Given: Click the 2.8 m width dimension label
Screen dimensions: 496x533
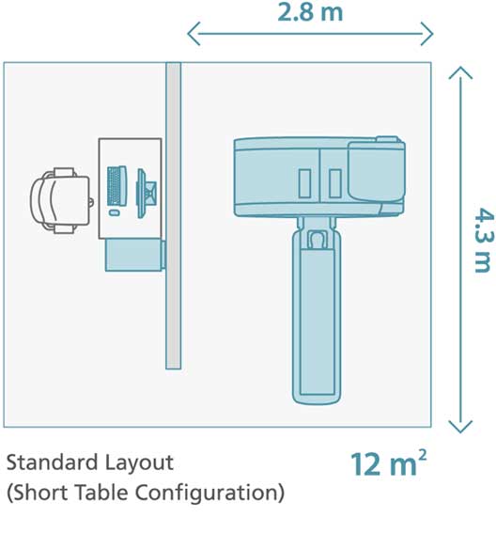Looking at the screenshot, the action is tap(310, 13).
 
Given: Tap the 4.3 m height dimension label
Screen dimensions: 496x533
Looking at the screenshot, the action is tap(483, 241).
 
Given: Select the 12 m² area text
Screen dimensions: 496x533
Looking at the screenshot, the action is tap(389, 463).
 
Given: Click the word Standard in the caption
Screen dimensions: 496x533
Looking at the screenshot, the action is tap(53, 462).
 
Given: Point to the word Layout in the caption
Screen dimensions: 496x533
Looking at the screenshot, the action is tap(139, 464).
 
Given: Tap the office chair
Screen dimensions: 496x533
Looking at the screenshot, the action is tap(62, 200).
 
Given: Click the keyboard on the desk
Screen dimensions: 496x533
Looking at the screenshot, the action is tap(116, 186).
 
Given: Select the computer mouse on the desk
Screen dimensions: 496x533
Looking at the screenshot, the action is tap(115, 212).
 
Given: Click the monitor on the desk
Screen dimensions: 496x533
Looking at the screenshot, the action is tap(147, 194).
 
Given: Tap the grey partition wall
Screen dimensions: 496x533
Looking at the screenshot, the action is tap(173, 215).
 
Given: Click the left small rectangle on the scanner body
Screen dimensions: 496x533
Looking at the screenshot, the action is tap(304, 183).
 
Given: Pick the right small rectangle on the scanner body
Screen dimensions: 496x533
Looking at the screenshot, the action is tap(335, 183).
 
